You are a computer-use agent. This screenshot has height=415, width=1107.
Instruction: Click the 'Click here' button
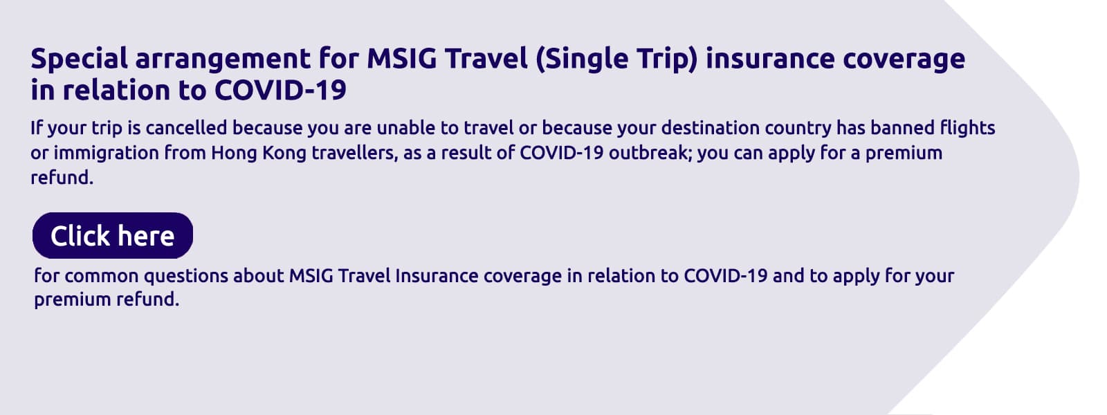tap(112, 236)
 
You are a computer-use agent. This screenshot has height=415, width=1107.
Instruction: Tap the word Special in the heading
tap(79, 59)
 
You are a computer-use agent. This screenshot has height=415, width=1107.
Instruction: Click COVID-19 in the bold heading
tap(280, 91)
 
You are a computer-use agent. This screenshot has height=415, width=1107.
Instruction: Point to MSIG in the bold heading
tap(401, 59)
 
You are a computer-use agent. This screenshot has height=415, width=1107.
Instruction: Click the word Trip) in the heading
tap(664, 59)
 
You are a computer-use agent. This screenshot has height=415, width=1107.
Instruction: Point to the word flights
tap(967, 128)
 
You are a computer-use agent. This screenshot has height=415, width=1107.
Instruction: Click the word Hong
tap(233, 153)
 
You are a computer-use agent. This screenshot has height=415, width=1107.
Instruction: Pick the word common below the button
tap(102, 276)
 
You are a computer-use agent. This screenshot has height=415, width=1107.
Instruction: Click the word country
tap(798, 128)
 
